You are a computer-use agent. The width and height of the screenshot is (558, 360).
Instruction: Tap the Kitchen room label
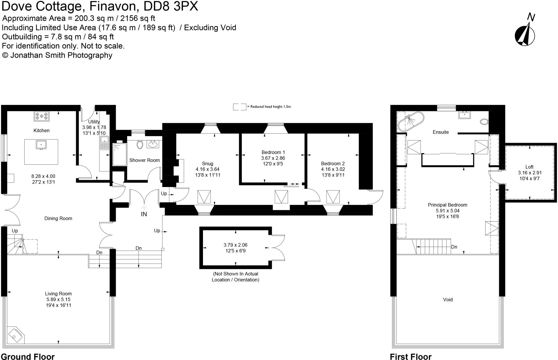click(x=41, y=131)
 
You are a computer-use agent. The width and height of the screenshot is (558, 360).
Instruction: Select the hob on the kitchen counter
click(x=42, y=116)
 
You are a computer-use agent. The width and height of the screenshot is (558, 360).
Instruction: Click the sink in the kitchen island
click(x=41, y=145)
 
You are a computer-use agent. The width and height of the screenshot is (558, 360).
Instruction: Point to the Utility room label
click(x=94, y=122)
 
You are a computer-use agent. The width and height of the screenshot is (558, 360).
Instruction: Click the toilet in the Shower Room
click(x=140, y=144)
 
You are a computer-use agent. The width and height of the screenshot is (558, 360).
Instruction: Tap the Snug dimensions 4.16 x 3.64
click(x=207, y=169)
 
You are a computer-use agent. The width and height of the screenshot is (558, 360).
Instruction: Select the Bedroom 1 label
click(x=273, y=152)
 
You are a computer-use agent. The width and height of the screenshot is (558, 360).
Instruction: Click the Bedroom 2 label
click(x=333, y=164)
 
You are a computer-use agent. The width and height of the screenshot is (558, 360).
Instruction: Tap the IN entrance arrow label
click(x=144, y=214)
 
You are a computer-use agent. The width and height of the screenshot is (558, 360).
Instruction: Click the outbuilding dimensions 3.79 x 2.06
click(x=235, y=245)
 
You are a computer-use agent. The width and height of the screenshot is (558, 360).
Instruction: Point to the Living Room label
click(x=58, y=294)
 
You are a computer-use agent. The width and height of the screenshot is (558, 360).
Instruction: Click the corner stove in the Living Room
click(x=15, y=335)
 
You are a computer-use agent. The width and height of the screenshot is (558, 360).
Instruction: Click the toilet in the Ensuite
click(x=484, y=122)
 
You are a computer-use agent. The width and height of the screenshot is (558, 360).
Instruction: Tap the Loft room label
click(x=529, y=167)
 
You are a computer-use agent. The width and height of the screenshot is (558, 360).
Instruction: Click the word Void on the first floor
click(x=448, y=300)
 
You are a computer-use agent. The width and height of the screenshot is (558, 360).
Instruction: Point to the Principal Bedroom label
click(x=447, y=205)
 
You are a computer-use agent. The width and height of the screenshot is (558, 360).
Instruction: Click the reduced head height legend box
click(x=239, y=107)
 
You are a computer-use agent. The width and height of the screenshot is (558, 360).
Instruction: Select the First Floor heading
click(x=411, y=356)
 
